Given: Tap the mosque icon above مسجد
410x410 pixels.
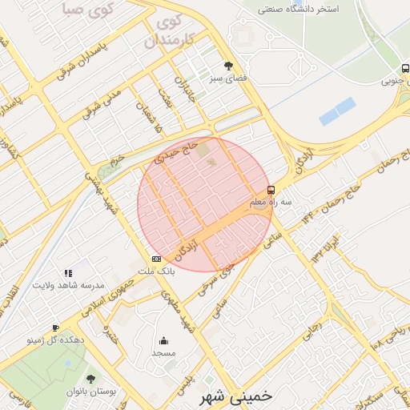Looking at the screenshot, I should point(164,340).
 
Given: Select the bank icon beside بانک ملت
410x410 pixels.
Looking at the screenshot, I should point(155,259).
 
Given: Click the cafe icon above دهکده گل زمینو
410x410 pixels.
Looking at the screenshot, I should point(55,328).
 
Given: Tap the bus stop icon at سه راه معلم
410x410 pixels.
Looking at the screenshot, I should point(271,191).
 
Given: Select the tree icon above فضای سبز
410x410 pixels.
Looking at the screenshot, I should point(229,66).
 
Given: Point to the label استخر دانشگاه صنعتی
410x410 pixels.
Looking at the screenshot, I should point(310,10).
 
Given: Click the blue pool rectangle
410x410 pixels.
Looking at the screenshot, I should point(337,111).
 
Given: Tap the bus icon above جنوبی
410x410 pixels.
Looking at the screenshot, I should point(405,69).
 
